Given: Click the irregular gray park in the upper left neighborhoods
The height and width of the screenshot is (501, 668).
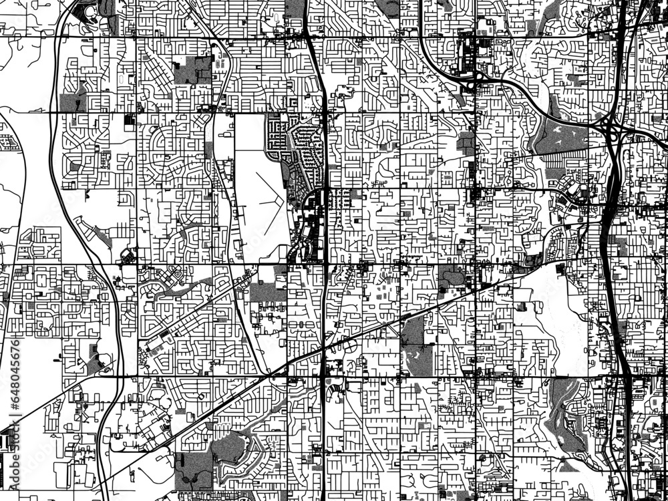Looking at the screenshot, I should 194,69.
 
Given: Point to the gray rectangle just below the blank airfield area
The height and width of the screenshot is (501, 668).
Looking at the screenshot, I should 267,291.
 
